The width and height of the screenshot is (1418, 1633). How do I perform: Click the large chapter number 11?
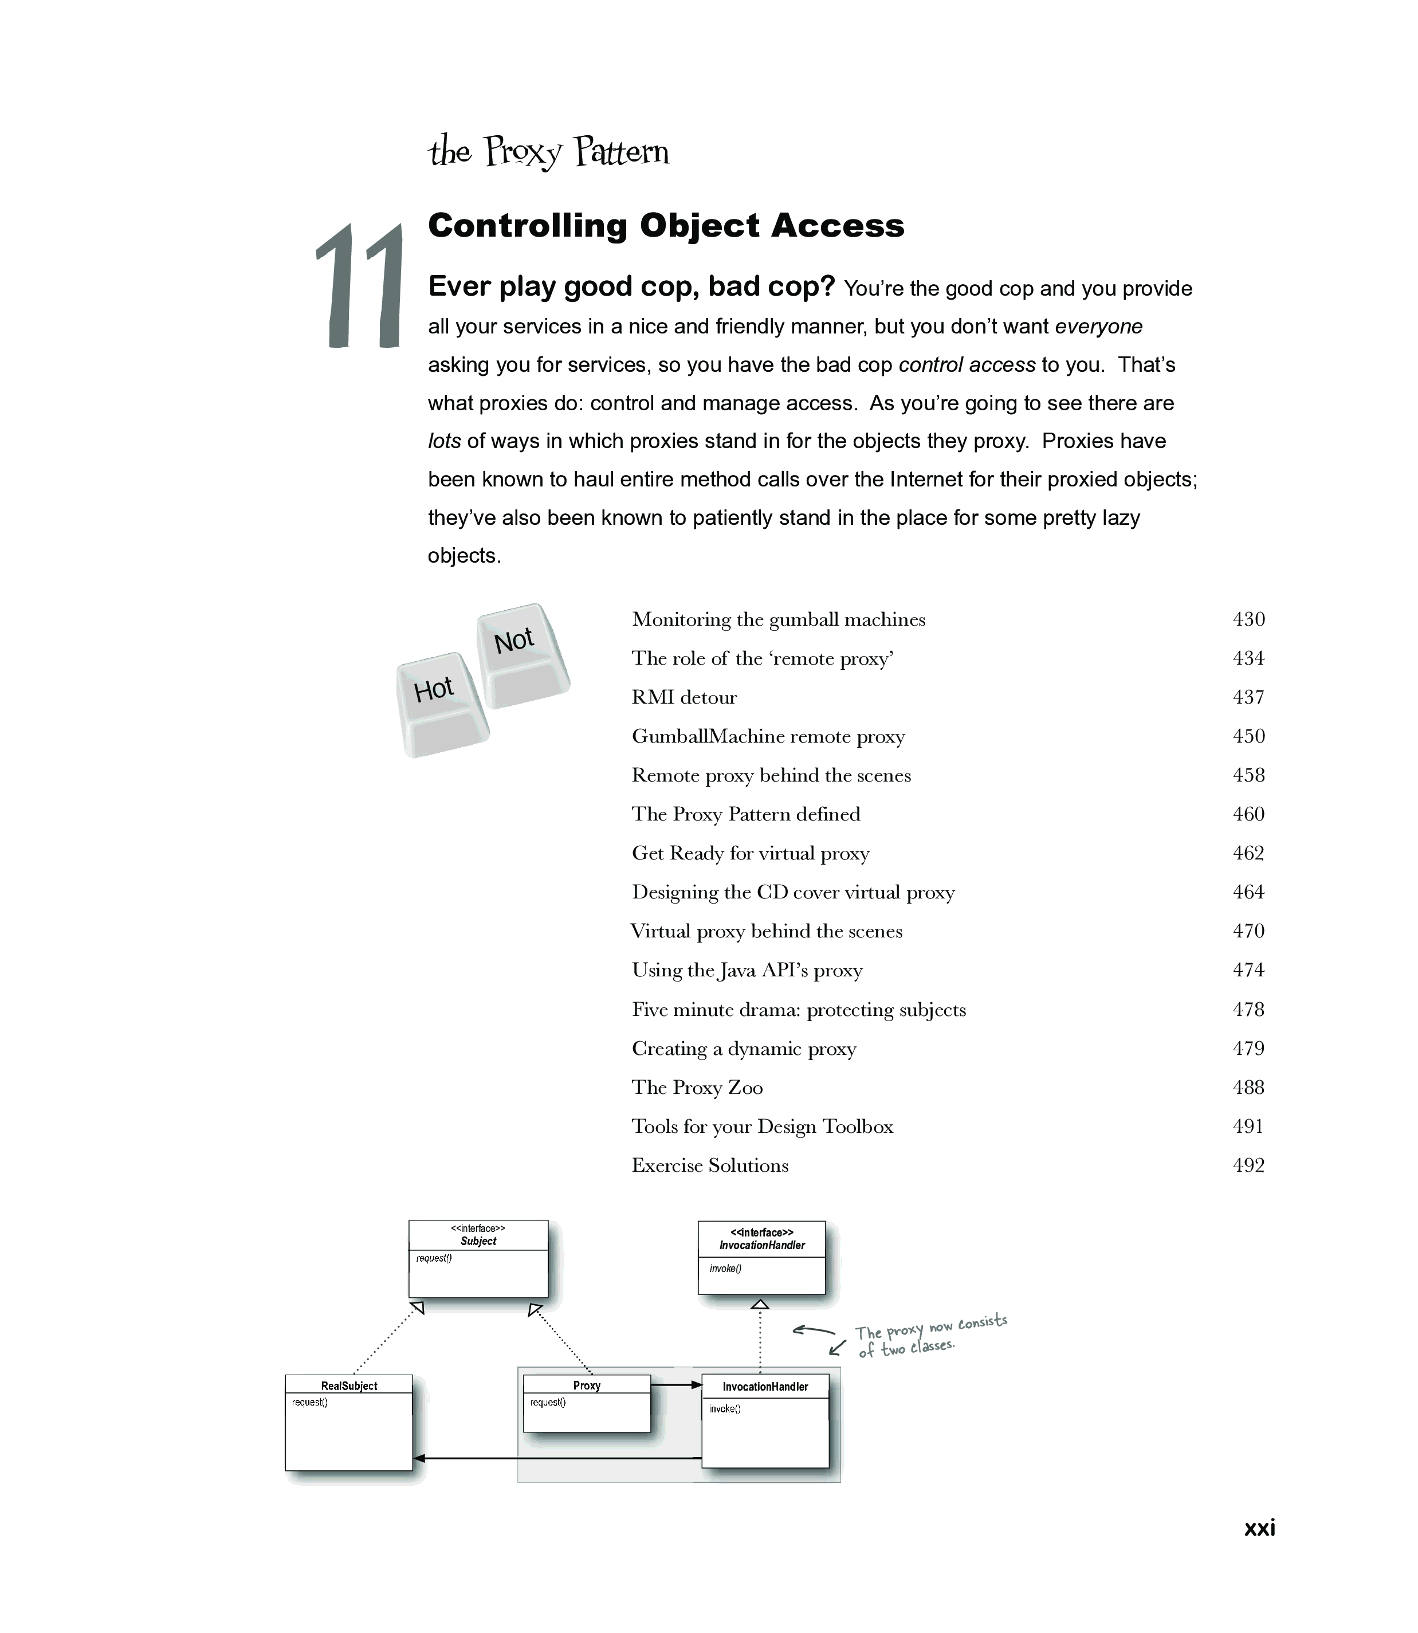click(x=360, y=286)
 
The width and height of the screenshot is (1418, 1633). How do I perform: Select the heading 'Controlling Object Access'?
click(x=666, y=226)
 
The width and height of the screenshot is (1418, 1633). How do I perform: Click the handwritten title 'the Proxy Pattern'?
click(x=548, y=152)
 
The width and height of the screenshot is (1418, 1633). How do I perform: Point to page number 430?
click(x=1248, y=619)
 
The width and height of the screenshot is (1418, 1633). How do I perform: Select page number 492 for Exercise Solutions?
click(x=1248, y=1165)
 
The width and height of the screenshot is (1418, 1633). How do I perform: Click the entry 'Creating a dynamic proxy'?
click(x=744, y=1049)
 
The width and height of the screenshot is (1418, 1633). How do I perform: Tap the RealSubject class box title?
click(x=349, y=1386)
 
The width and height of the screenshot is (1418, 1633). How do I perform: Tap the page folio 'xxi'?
click(x=1259, y=1528)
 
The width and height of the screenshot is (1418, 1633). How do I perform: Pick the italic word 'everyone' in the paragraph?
click(x=1098, y=327)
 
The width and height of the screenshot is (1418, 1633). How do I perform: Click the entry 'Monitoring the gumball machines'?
click(x=778, y=619)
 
